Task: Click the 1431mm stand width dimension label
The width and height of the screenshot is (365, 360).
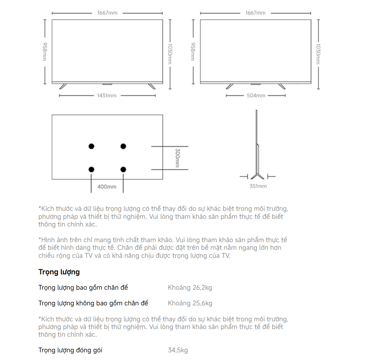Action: (107, 96)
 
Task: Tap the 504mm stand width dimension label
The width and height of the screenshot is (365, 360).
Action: (256, 96)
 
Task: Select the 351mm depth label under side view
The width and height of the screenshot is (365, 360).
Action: (258, 186)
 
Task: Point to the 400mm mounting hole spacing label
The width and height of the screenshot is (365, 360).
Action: (107, 187)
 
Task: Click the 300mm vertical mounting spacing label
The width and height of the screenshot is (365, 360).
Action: (177, 158)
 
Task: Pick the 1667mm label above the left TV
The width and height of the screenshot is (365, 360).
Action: (107, 13)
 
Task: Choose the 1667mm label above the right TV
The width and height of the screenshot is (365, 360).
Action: (256, 13)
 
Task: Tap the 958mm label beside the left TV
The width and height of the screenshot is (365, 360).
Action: (45, 51)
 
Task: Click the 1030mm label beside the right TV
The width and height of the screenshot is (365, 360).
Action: (318, 54)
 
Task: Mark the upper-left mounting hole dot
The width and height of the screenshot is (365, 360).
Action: (91, 146)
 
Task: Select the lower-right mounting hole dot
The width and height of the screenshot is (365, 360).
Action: (123, 170)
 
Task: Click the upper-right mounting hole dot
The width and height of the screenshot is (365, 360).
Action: (123, 146)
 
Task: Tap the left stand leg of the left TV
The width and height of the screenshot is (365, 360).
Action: (63, 86)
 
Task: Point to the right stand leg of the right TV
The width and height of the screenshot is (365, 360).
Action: (282, 86)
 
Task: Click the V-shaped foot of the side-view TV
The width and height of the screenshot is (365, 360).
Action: (257, 176)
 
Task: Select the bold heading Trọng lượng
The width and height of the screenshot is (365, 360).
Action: (59, 272)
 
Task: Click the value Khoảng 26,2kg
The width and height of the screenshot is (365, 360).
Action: (190, 287)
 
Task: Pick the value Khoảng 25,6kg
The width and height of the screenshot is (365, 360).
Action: (190, 303)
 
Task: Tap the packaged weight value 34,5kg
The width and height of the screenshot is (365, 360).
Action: (178, 350)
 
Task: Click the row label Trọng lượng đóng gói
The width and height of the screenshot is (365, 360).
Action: (70, 350)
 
